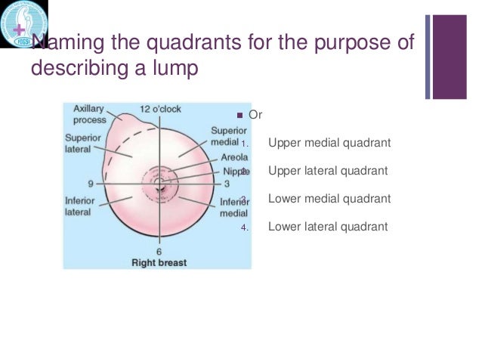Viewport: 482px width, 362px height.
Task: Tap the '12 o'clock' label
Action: pyautogui.click(x=159, y=109)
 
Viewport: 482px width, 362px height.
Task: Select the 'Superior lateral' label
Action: pyautogui.click(x=79, y=144)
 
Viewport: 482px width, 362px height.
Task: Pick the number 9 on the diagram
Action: pyautogui.click(x=91, y=184)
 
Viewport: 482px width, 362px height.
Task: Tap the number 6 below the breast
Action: pyautogui.click(x=159, y=252)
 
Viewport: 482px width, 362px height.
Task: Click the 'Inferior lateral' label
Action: pyautogui.click(x=78, y=206)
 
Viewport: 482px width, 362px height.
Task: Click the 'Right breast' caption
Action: pyautogui.click(x=159, y=263)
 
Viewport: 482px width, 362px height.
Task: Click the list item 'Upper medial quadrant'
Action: pyautogui.click(x=329, y=143)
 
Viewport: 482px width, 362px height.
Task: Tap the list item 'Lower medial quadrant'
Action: pyautogui.click(x=329, y=199)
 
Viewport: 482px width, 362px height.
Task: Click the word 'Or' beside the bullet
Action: pyautogui.click(x=255, y=116)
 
